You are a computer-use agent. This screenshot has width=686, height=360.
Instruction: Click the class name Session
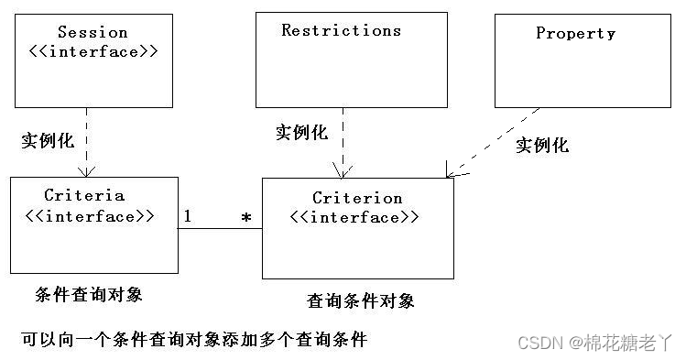[x=93, y=32]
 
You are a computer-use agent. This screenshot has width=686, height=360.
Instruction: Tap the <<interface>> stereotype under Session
[x=93, y=51]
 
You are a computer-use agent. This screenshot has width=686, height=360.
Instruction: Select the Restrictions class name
[x=341, y=30]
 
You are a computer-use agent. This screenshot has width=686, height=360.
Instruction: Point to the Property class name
[x=575, y=33]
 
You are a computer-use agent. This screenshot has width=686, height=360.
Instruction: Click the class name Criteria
[x=84, y=196]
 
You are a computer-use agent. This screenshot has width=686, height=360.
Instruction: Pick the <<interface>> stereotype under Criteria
[x=87, y=217]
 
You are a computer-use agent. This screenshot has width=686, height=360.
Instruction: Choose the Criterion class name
[x=357, y=198]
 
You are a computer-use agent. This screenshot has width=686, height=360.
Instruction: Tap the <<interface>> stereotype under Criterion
[x=354, y=218]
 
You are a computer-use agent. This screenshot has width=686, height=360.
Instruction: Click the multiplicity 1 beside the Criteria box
[x=187, y=217]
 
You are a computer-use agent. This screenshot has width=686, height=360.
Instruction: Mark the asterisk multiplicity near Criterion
[x=245, y=219]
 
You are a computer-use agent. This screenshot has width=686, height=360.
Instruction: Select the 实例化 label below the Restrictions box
[x=301, y=132]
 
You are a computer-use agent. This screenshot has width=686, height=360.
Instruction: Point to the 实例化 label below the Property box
[x=542, y=145]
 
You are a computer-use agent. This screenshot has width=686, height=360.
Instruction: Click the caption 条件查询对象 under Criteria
[x=88, y=294]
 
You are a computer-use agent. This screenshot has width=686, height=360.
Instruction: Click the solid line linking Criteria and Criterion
[x=220, y=228]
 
